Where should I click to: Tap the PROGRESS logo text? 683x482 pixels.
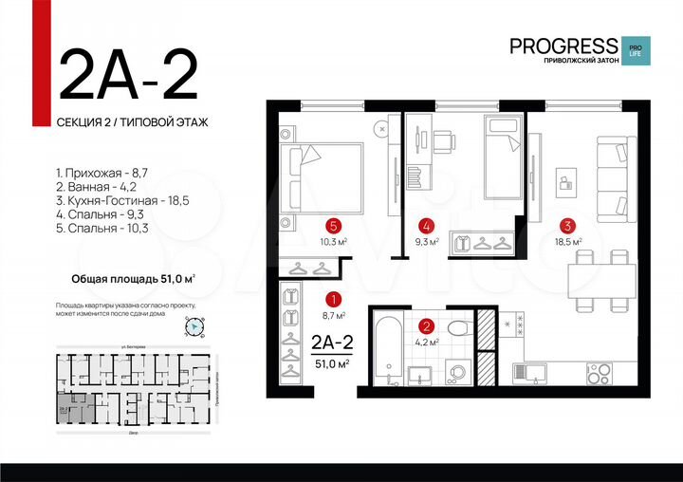pyautogui.click(x=563, y=45)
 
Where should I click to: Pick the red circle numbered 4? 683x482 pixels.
pyautogui.click(x=428, y=226)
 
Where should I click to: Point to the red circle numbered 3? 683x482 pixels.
pyautogui.click(x=566, y=226)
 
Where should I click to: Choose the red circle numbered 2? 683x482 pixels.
pyautogui.click(x=428, y=325)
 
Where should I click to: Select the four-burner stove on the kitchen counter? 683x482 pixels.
pyautogui.click(x=603, y=368)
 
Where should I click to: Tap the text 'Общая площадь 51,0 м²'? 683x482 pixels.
pyautogui.click(x=133, y=279)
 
